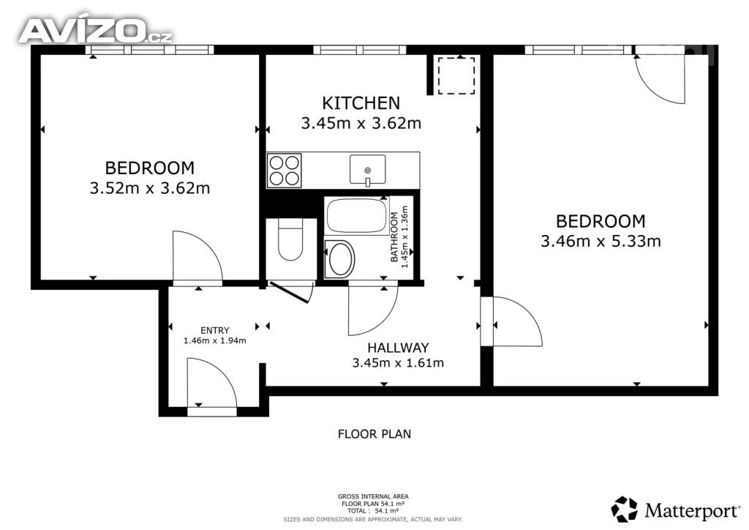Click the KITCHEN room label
click(x=361, y=102)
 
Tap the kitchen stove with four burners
click(x=285, y=171)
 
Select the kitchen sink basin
click(x=367, y=170)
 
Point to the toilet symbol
click(x=290, y=240)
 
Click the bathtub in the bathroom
click(x=357, y=216)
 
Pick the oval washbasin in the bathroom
click(x=339, y=258)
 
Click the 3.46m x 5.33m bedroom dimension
click(x=601, y=241)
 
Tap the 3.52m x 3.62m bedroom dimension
click(x=149, y=188)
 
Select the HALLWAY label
click(x=398, y=348)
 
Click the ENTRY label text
click(x=214, y=330)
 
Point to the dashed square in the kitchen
click(x=456, y=75)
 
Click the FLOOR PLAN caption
click(x=374, y=434)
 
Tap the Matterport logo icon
click(x=624, y=509)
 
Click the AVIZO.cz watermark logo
click(x=96, y=31)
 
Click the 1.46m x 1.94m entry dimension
click(x=214, y=340)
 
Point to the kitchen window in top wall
click(x=360, y=50)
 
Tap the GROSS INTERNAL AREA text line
click(x=373, y=496)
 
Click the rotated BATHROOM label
click(x=394, y=237)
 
